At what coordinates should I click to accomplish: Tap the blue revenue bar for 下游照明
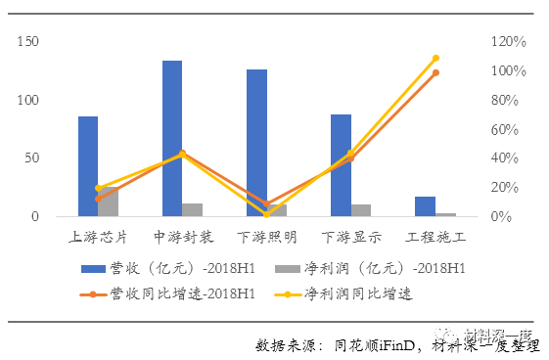click(256, 143)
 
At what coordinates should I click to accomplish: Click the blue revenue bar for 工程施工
click(425, 206)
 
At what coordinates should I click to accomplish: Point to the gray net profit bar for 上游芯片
click(108, 202)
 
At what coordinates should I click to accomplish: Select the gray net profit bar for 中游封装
click(193, 209)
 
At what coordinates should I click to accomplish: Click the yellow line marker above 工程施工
click(435, 59)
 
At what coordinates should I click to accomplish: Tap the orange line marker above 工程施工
click(435, 72)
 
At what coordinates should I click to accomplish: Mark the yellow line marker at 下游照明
click(266, 213)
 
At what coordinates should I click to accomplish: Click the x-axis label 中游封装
click(183, 237)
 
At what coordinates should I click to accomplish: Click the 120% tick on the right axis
click(509, 43)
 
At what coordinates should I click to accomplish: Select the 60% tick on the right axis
click(509, 129)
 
